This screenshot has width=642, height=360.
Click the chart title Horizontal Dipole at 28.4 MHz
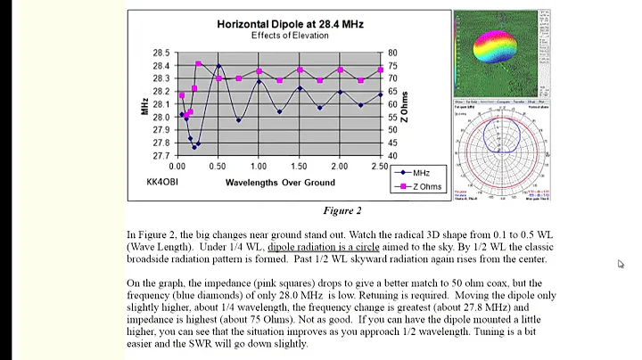(x=277, y=24)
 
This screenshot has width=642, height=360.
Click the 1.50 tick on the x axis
(x=299, y=167)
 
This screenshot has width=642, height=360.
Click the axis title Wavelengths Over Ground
(x=279, y=183)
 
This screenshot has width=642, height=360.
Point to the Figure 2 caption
(x=342, y=211)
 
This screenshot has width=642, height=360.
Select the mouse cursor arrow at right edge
(x=621, y=264)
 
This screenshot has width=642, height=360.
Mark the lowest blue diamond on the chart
(x=193, y=147)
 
